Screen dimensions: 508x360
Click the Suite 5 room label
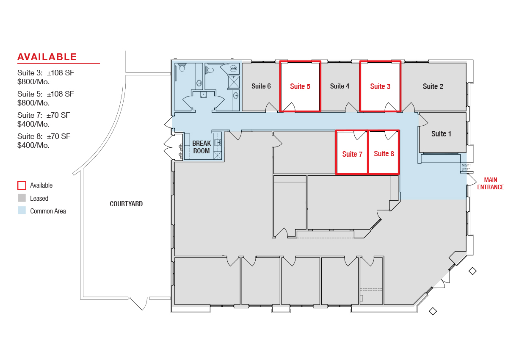pyautogui.click(x=300, y=86)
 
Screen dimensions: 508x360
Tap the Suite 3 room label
pyautogui.click(x=380, y=86)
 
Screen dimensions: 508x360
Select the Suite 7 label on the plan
pyautogui.click(x=352, y=154)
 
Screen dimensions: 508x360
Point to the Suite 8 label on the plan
pyautogui.click(x=384, y=154)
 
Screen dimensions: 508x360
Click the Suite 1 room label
pyautogui.click(x=441, y=134)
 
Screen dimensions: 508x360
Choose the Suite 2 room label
pyautogui.click(x=433, y=86)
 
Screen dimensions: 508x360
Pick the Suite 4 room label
pyautogui.click(x=340, y=86)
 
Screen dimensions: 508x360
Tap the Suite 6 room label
pyautogui.click(x=261, y=86)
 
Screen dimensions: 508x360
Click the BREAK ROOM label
pyautogui.click(x=202, y=147)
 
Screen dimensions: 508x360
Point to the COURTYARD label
pyautogui.click(x=126, y=204)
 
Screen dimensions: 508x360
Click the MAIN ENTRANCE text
pyautogui.click(x=491, y=183)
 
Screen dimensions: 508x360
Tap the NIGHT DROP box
pyautogui.click(x=467, y=167)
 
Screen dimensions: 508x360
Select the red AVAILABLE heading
pyautogui.click(x=47, y=57)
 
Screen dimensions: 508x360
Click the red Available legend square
pyautogui.click(x=22, y=186)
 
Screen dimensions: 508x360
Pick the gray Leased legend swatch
pyautogui.click(x=22, y=198)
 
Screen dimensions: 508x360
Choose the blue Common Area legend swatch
pyautogui.click(x=22, y=210)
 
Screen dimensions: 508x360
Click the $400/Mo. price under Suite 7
pyautogui.click(x=33, y=124)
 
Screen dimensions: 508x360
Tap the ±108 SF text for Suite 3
pyautogui.click(x=60, y=73)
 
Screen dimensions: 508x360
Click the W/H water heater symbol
pyautogui.click(x=233, y=68)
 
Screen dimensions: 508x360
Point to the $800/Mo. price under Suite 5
pyautogui.click(x=33, y=103)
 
